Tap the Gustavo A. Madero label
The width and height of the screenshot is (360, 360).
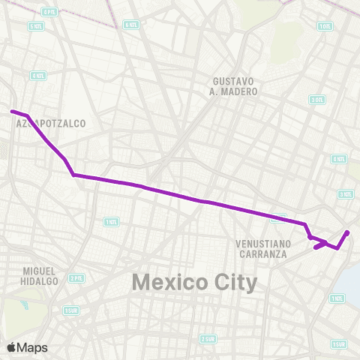click(235, 86)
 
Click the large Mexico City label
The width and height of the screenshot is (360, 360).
click(194, 283)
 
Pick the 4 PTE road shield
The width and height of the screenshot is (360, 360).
click(50, 12)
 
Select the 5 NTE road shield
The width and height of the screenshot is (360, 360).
click(35, 26)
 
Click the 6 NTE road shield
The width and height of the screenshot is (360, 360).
click(131, 24)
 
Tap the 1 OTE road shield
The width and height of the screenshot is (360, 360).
click(325, 26)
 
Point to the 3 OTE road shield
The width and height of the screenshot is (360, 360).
click(318, 98)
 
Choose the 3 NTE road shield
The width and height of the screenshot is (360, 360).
click(346, 194)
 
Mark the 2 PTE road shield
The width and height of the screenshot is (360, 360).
click(76, 277)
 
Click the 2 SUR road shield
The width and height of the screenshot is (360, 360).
click(208, 339)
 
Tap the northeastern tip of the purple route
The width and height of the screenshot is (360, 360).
click(348, 232)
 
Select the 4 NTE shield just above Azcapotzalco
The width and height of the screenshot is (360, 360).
click(38, 75)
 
